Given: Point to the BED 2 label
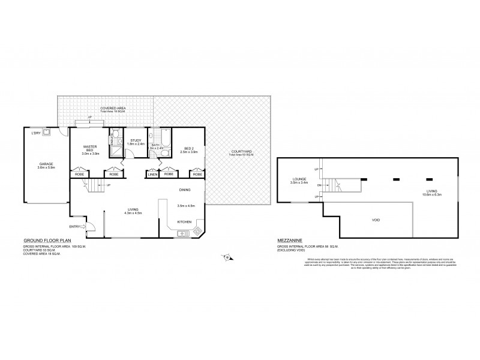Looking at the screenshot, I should tap(188, 148).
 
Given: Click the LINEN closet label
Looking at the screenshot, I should tap(152, 174).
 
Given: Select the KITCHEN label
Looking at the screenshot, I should tap(184, 221).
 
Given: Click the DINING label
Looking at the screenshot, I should tap(185, 190).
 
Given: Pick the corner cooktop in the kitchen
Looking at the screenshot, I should tap(197, 231).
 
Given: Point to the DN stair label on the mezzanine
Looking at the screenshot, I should tap(320, 186).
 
